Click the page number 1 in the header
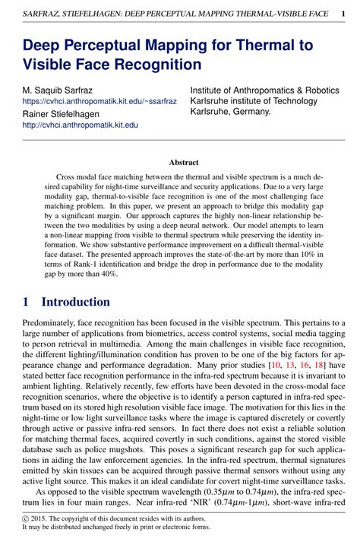(344, 13)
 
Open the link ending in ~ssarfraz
(99, 100)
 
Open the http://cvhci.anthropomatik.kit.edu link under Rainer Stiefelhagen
(80, 125)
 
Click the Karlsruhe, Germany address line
(230, 111)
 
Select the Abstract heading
(183, 162)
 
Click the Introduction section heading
(75, 302)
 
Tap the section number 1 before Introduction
(25, 302)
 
